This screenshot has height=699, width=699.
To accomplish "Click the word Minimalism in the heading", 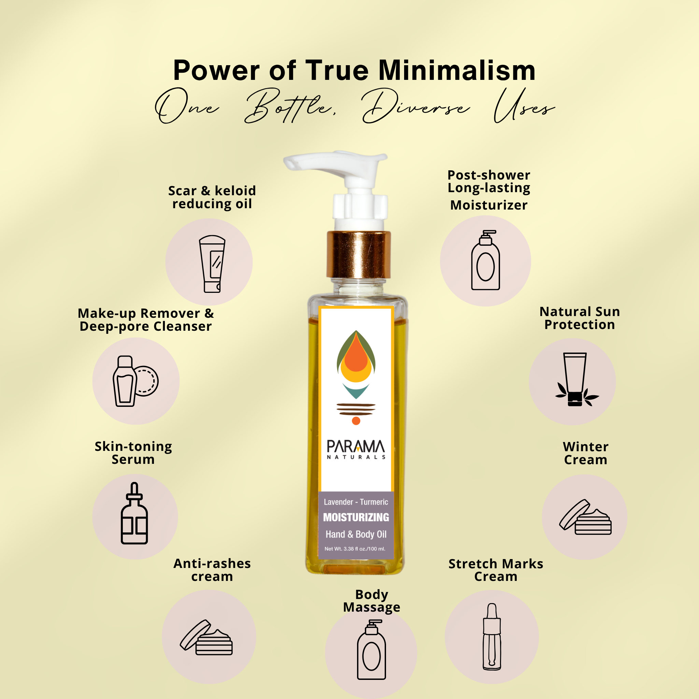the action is click(457, 70).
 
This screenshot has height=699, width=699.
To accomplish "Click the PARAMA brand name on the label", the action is click(356, 446).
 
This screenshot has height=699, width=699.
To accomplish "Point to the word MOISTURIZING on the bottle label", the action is click(356, 517).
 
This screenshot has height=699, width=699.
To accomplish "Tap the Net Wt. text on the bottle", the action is click(355, 549).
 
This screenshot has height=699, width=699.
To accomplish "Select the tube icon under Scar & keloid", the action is click(212, 264).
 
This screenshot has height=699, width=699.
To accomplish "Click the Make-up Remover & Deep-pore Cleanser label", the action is click(146, 320).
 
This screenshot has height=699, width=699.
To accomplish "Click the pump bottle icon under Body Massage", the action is click(371, 650).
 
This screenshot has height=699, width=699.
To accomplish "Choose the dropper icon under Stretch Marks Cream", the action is click(492, 637).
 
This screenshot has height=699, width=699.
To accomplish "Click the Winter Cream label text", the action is click(585, 453).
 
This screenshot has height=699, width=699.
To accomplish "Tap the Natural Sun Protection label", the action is click(580, 318).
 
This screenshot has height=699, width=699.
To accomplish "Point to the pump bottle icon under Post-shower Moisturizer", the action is click(486, 260).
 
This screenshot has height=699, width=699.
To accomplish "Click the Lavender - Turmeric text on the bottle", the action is click(356, 502).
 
